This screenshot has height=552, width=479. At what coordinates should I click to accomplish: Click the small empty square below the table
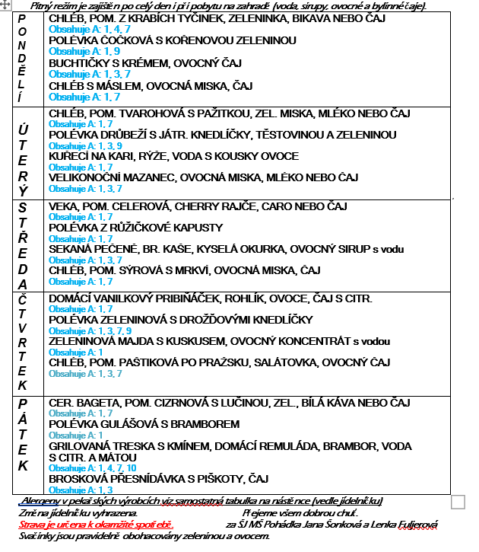(458, 502)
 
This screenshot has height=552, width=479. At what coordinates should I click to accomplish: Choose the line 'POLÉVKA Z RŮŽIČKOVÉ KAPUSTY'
(135, 228)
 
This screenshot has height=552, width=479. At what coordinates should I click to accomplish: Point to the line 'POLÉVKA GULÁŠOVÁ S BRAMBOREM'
(144, 424)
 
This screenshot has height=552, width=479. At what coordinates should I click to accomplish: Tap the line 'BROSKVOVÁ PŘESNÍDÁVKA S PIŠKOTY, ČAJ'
(159, 479)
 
